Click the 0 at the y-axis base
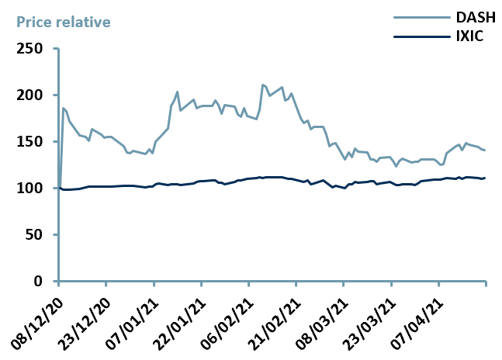click(45, 282)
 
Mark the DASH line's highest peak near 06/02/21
click(263, 85)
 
